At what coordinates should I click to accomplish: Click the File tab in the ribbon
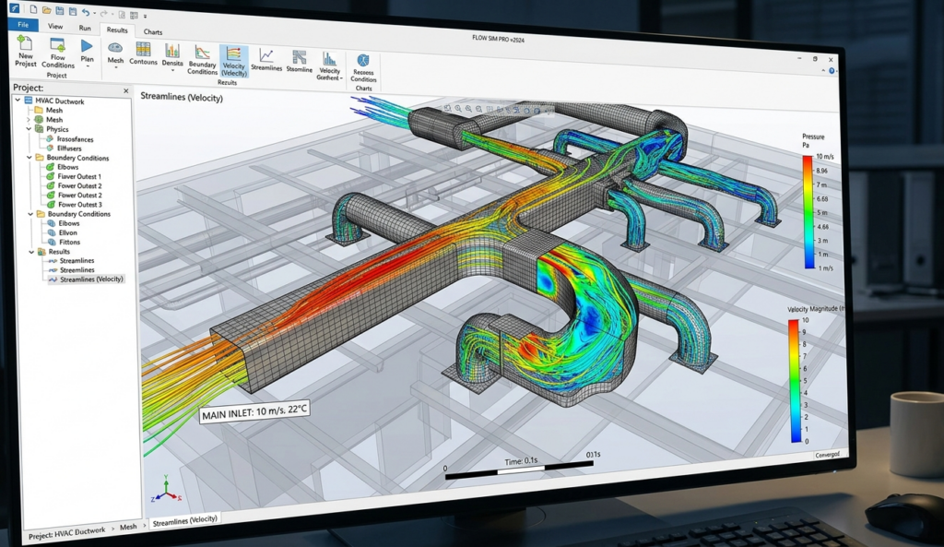pos(22,27)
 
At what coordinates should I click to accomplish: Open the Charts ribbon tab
pos(153,32)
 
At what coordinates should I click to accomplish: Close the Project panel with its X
pos(126,89)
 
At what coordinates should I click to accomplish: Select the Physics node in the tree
pos(57,129)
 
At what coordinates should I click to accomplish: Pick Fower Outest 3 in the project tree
pos(79,204)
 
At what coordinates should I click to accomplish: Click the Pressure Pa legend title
pos(812,141)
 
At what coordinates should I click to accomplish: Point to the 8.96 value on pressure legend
pos(822,172)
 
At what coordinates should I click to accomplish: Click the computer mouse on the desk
pos(903,515)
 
